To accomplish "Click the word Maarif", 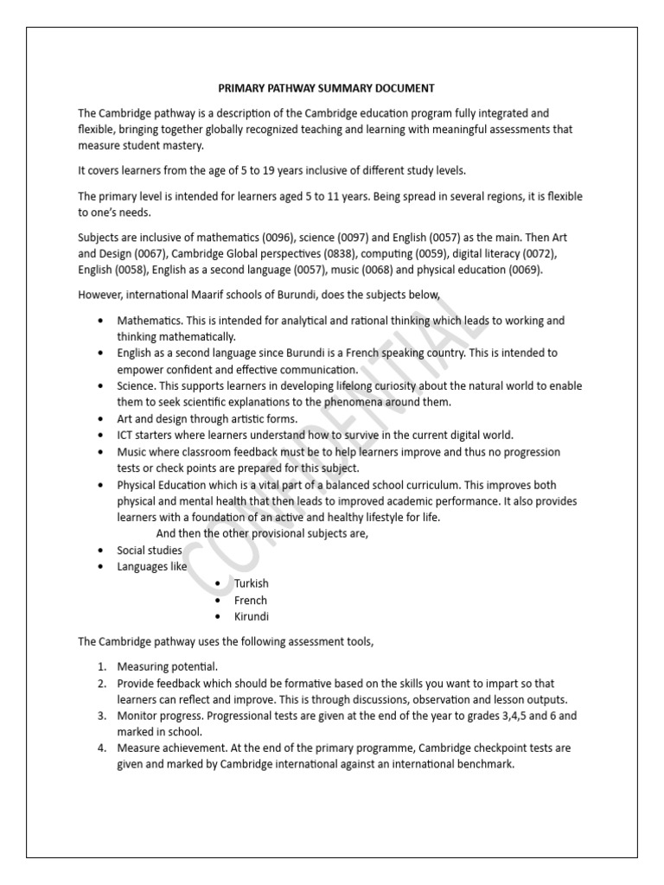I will coord(216,296).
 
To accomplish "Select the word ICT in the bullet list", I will coord(127,435).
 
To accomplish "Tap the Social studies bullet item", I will coord(150,550).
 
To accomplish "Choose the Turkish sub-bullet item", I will coord(252,583).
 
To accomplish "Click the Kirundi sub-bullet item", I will coord(252,616).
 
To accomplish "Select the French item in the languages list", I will coord(251,600).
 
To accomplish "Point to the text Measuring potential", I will coord(168,666).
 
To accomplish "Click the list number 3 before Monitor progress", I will coord(100,716).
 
